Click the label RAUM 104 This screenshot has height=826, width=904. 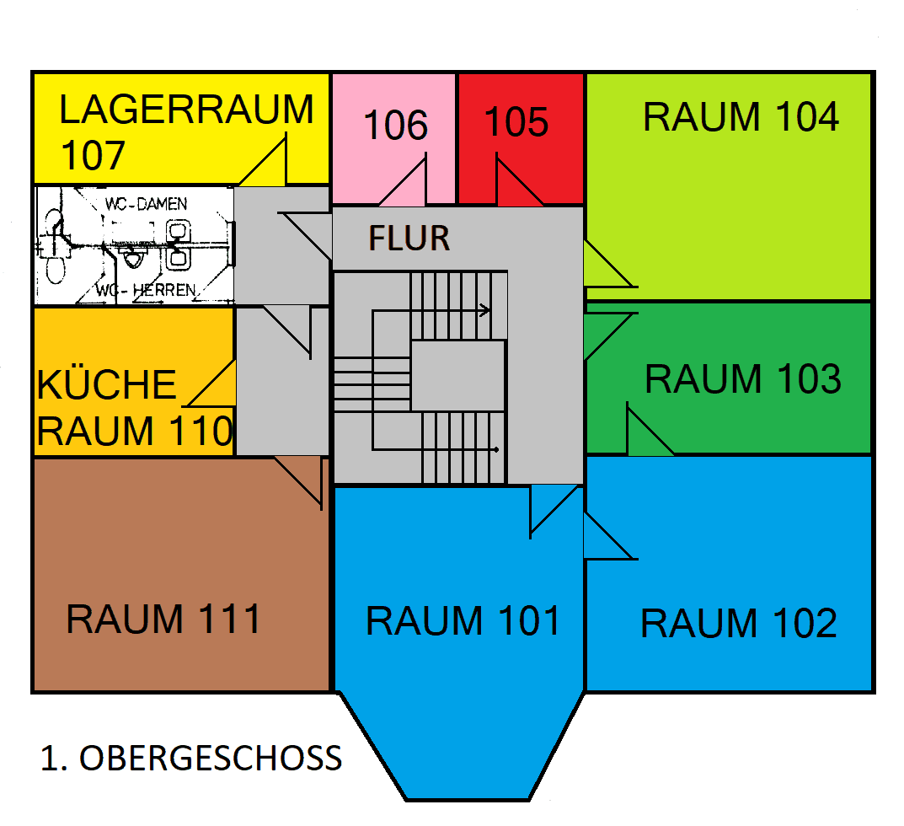741,117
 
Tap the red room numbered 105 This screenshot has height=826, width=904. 516,123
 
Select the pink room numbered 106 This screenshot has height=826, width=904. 395,126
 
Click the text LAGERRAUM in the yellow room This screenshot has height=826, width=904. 186,110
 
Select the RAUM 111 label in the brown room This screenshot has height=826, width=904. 164,619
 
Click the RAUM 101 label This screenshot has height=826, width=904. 463,622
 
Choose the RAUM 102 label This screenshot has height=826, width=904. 739,625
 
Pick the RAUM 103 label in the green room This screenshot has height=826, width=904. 742,379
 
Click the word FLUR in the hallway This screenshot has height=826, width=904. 409,239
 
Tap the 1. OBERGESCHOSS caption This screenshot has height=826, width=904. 191,759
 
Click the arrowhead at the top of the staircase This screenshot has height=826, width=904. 486,310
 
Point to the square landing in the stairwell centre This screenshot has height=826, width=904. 457,376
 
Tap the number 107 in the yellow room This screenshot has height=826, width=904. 93,156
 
